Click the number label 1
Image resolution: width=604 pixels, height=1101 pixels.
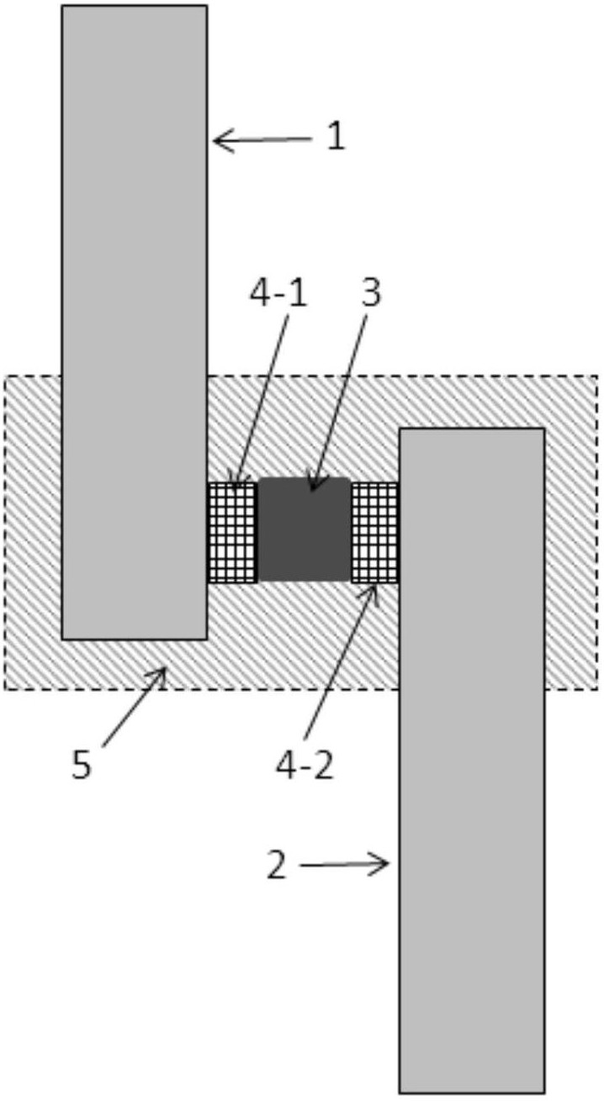[x=335, y=138]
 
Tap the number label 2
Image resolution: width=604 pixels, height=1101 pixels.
[x=277, y=866]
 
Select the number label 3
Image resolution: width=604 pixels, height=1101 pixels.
[x=370, y=292]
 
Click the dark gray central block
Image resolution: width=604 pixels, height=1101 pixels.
[x=304, y=529]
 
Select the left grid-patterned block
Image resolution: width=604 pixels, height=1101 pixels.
[x=231, y=532]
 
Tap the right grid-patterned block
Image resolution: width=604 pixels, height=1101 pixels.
[x=374, y=532]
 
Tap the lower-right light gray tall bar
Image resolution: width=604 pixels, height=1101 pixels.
[x=471, y=756]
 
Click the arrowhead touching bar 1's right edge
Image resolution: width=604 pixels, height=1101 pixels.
[x=220, y=141]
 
